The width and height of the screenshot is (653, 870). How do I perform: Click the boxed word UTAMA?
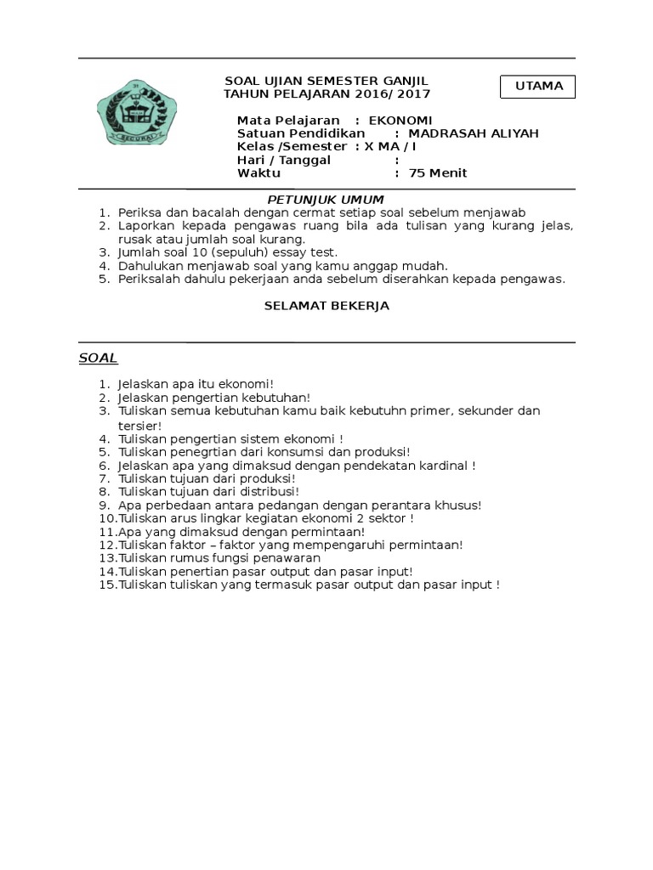pyautogui.click(x=538, y=86)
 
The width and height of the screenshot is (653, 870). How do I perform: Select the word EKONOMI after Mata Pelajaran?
pyautogui.click(x=400, y=120)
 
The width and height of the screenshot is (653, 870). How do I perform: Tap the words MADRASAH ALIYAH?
pyautogui.click(x=474, y=133)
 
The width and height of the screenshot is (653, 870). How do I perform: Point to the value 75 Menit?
pyautogui.click(x=438, y=173)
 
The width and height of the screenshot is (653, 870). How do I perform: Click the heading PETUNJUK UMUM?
pyautogui.click(x=326, y=199)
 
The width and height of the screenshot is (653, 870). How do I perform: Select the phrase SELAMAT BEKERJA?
pyautogui.click(x=326, y=306)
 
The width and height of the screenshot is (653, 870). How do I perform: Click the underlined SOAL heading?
pyautogui.click(x=98, y=358)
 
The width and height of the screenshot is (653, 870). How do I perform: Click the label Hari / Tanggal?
pyautogui.click(x=283, y=160)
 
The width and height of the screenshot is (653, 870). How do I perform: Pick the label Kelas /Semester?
pyautogui.click(x=292, y=146)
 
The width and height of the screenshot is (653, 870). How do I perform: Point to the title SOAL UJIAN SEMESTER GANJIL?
pyautogui.click(x=326, y=80)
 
